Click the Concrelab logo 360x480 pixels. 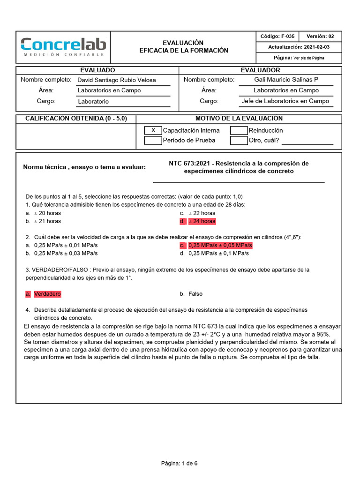pyautogui.click(x=63, y=47)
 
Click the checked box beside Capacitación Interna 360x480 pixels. pyautogui.click(x=153, y=130)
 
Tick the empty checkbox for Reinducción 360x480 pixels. pyautogui.click(x=239, y=130)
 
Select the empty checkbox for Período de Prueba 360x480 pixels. pyautogui.click(x=153, y=140)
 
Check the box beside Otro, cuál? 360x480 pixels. pyautogui.click(x=239, y=140)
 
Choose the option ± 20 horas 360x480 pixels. pyautogui.click(x=47, y=213)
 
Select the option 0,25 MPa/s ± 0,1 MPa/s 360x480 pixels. pyautogui.click(x=218, y=254)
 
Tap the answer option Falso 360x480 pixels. pyautogui.click(x=195, y=294)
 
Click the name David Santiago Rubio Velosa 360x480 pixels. pyautogui.click(x=117, y=80)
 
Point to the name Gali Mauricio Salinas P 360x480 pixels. pyautogui.click(x=285, y=80)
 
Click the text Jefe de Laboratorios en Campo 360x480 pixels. pyautogui.click(x=285, y=101)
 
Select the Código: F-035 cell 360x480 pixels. pyautogui.click(x=277, y=37)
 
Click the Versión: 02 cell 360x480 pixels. pyautogui.click(x=320, y=37)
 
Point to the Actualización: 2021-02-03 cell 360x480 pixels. pyautogui.click(x=299, y=47)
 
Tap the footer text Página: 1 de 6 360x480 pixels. pyautogui.click(x=180, y=464)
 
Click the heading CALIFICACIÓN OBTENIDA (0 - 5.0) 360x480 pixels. pyautogui.click(x=75, y=119)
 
